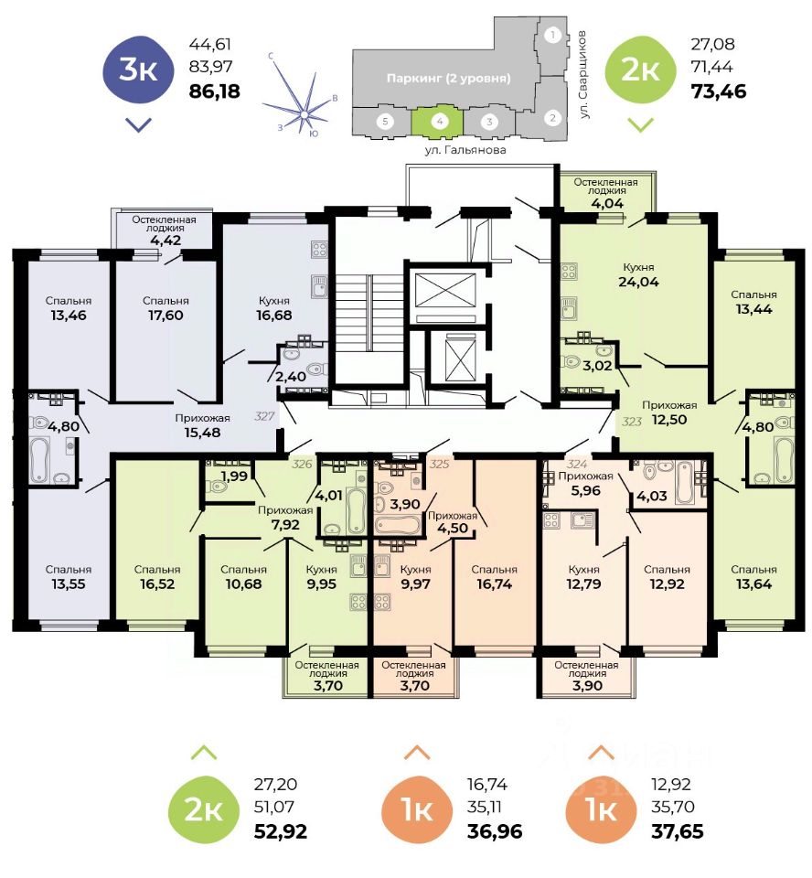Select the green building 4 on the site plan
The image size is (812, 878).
[x=439, y=120]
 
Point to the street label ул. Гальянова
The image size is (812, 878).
[x=465, y=149]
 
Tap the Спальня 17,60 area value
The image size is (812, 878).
[x=166, y=317]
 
